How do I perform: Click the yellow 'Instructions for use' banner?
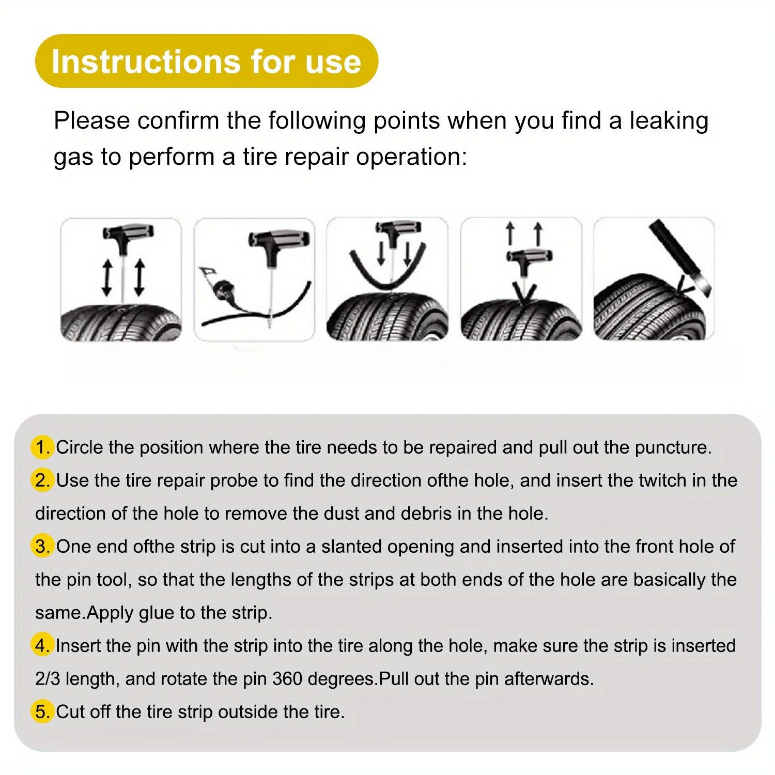coord(206,61)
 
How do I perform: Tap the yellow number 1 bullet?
coord(42,447)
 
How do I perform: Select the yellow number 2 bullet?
coord(42,481)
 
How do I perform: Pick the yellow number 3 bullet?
coord(42,547)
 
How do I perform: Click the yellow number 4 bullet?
coord(42,646)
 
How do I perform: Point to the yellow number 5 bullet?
coord(42,712)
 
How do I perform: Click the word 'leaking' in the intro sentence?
coord(669,121)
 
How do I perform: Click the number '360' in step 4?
coord(287,679)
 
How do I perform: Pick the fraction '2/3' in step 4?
coord(48,679)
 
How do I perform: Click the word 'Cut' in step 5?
coord(70,712)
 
